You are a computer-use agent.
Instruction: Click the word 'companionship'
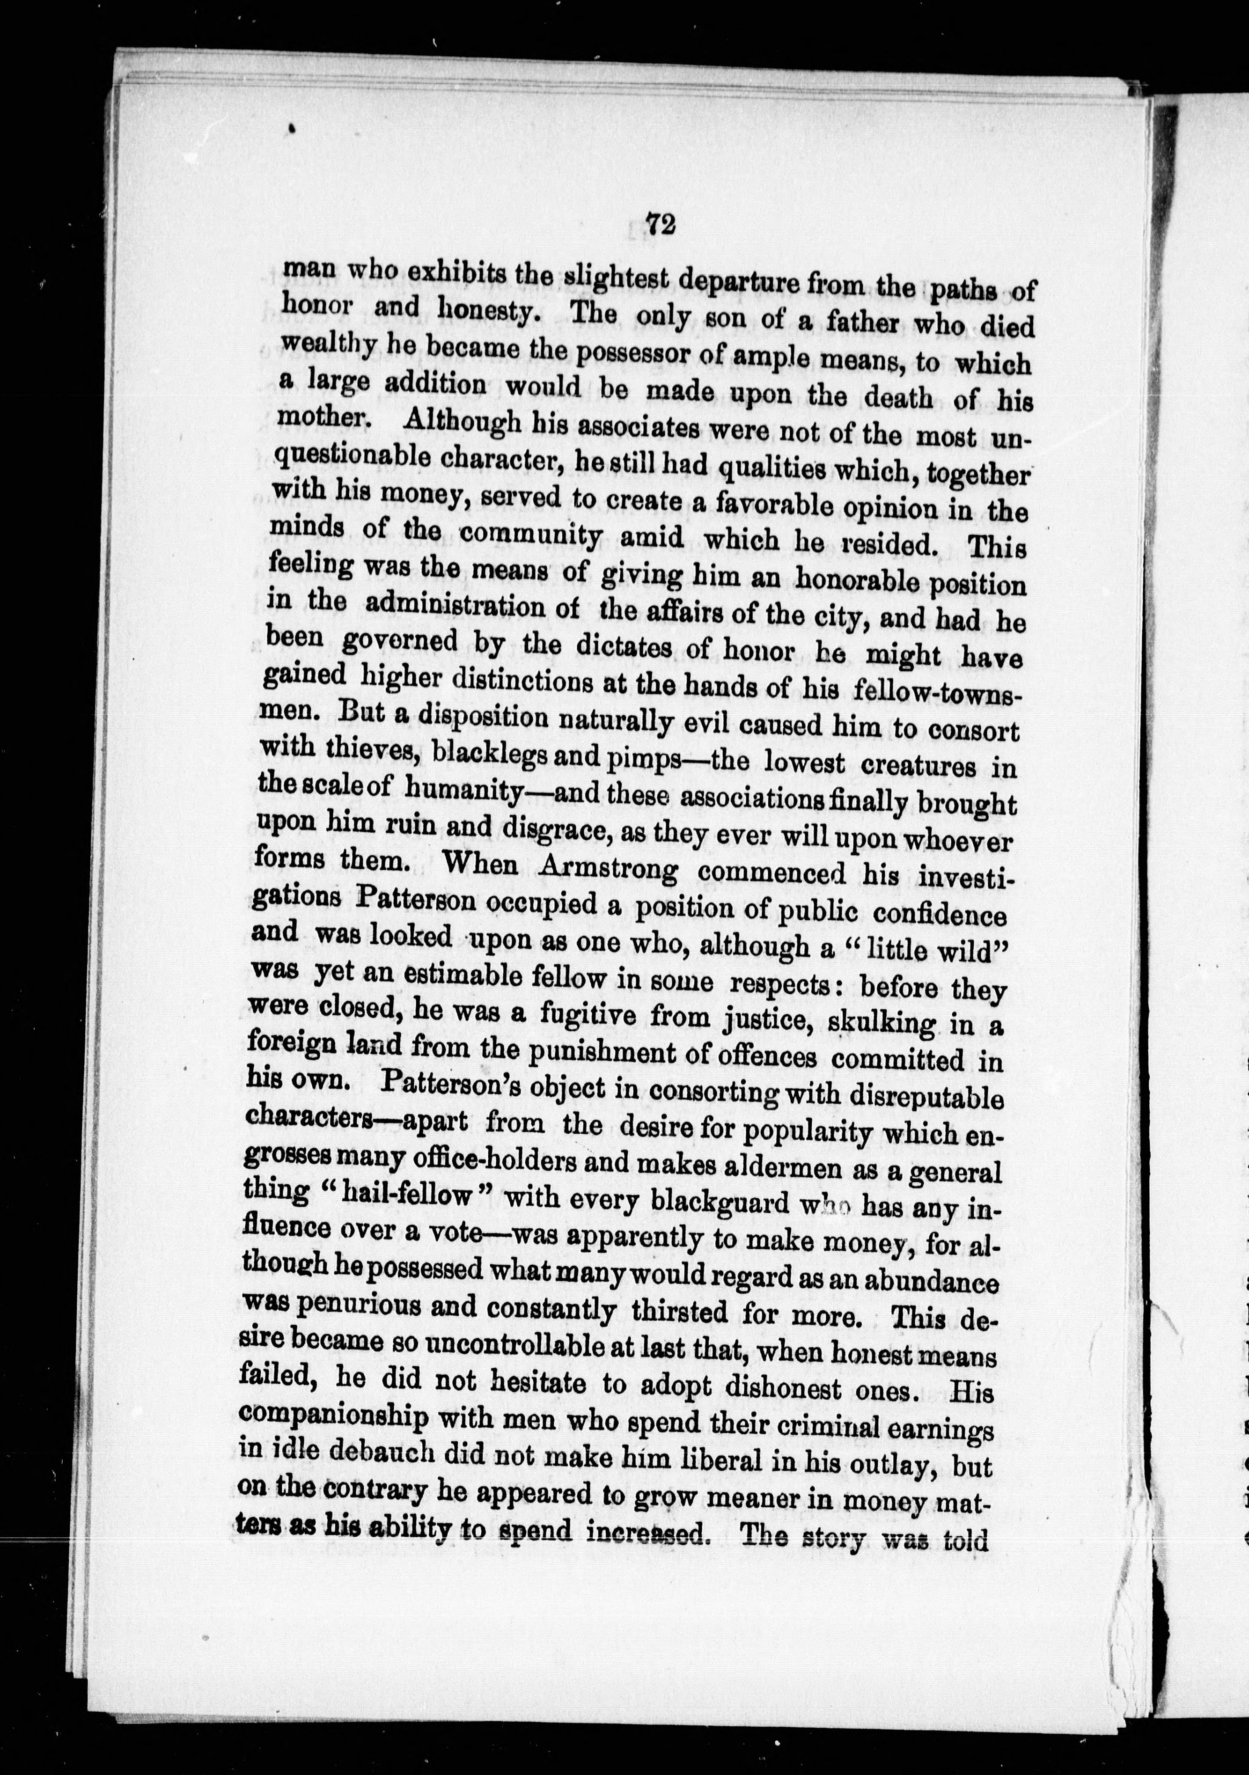(334, 1415)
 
